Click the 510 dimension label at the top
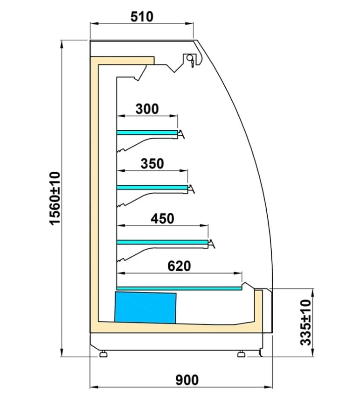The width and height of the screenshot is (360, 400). [x=142, y=17]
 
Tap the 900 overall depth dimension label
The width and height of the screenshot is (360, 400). [x=187, y=380]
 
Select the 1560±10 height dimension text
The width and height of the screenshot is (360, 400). [x=55, y=198]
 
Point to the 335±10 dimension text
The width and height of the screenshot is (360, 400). [x=306, y=323]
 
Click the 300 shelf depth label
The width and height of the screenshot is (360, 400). [x=147, y=109]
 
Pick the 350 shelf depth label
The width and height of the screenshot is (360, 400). [x=152, y=163]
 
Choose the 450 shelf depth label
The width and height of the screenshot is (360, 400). [x=162, y=218]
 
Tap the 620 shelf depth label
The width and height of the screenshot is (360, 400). [x=179, y=266]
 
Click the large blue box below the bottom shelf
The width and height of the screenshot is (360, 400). [x=145, y=308]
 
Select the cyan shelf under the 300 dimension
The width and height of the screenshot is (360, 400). [x=147, y=133]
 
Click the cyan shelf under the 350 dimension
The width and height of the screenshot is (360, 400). [x=152, y=188]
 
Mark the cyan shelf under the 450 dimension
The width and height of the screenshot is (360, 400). [x=162, y=242]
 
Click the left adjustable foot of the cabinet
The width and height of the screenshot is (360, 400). [x=103, y=354]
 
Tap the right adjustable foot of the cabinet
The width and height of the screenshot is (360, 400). [x=241, y=354]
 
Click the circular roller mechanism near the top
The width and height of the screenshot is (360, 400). [x=190, y=58]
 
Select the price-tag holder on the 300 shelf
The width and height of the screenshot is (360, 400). [x=181, y=134]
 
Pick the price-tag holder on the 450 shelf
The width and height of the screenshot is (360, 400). [x=212, y=244]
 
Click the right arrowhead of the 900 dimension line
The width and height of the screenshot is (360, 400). [x=269, y=387]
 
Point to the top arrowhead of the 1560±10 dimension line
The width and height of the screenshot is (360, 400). [x=62, y=44]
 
